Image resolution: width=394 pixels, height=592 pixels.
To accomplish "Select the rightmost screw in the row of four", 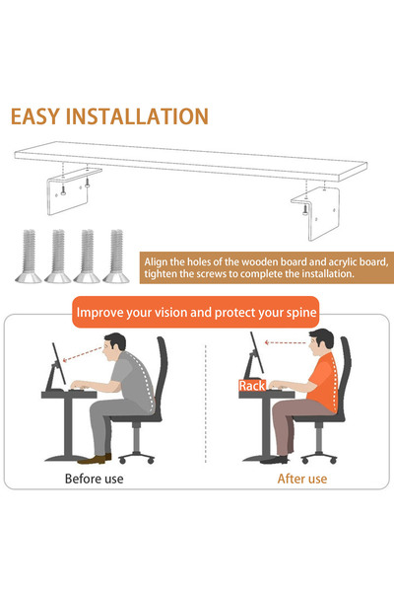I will coord(117,258).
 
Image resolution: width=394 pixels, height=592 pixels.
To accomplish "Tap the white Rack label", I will coord(250,387).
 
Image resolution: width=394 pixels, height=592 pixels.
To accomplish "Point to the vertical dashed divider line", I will coord(205,405).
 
